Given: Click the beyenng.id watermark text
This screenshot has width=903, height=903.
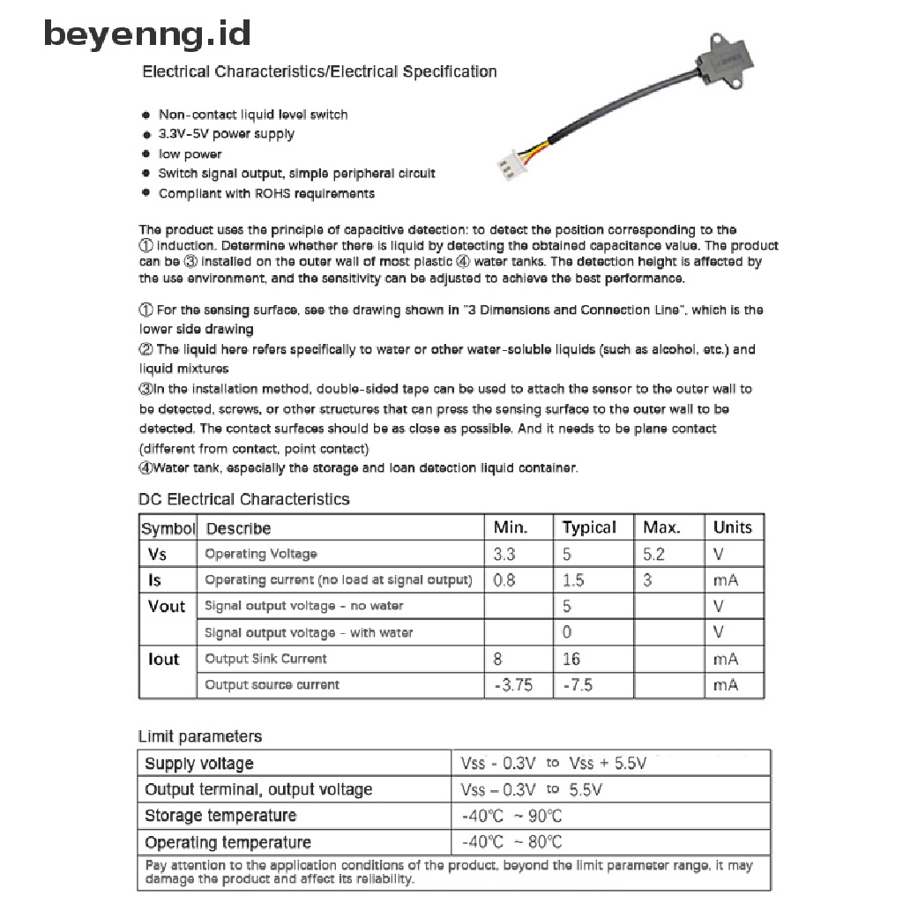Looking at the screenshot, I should pos(147,34).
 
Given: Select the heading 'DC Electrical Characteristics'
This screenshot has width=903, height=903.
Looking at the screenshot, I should pos(244,499).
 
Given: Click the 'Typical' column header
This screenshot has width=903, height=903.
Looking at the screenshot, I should pos(589,527).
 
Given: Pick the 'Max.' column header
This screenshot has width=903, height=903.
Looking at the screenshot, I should pos(661,527).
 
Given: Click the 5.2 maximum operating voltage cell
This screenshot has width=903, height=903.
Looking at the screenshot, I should pos(653,554).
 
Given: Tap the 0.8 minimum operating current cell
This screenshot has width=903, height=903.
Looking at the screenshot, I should pos(504,580).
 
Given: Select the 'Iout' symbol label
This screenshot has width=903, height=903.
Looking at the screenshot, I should pos(163,659).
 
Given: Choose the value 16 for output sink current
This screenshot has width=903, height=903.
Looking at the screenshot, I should pos(571,659).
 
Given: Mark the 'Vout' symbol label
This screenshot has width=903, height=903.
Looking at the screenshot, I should pos(167,606).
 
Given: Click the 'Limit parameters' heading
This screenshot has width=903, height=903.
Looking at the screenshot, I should pos(200,736).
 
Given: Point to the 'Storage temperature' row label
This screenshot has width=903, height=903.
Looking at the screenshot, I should pos(220,816).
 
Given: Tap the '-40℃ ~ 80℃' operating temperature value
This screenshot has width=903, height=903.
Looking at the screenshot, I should pos(511,842).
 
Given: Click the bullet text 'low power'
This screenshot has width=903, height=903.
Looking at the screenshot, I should pos(190,154).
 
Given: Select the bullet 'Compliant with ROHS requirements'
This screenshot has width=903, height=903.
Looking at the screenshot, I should pos(266,194).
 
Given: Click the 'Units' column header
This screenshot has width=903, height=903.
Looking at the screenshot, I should pos(732,527).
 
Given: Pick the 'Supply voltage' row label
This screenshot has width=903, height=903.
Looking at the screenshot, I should pos(198,764).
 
